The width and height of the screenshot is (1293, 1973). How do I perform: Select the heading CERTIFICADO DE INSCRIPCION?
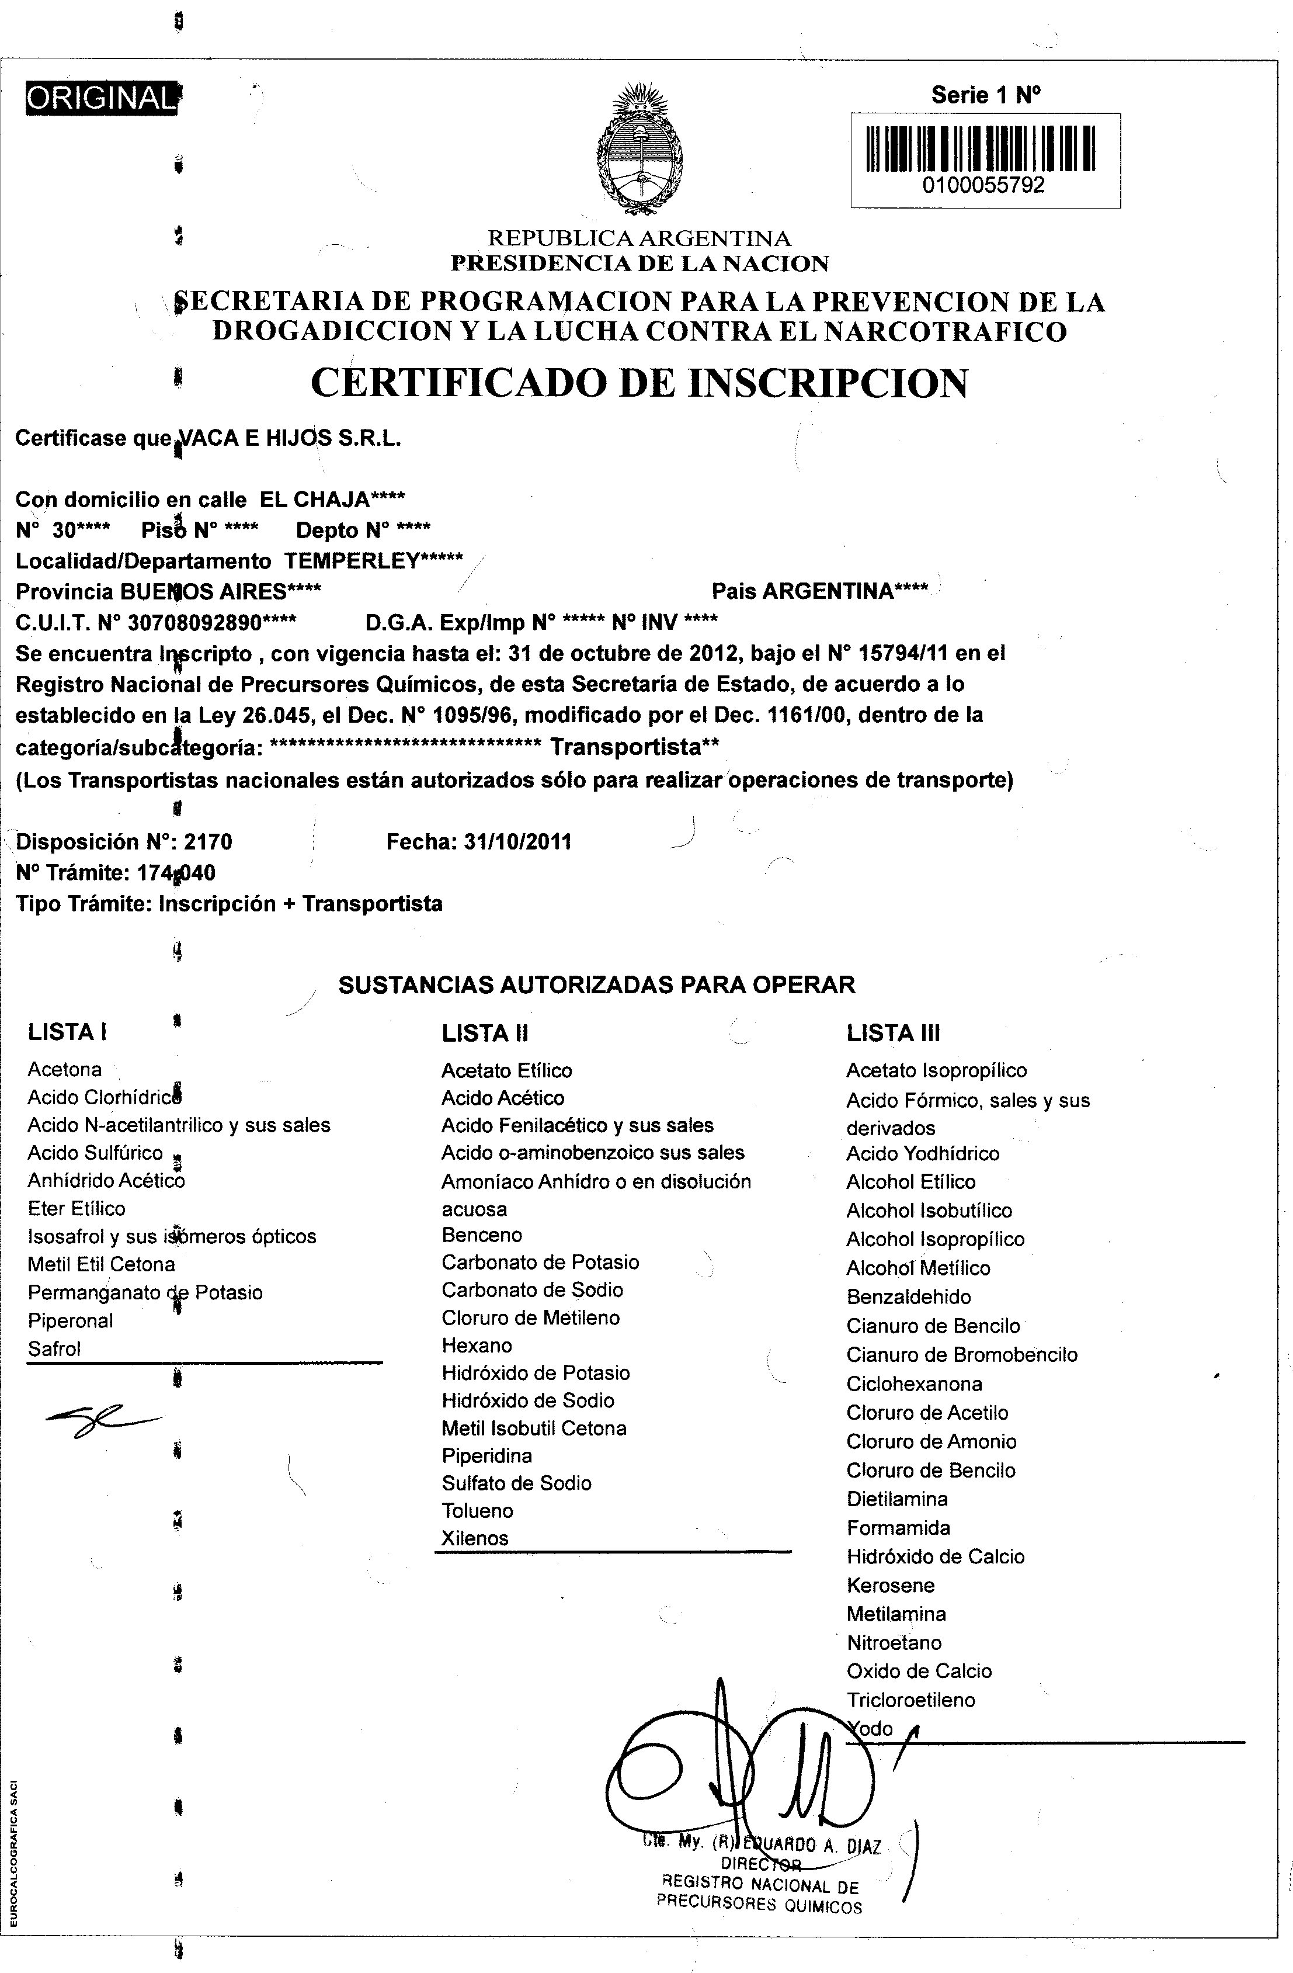[639, 383]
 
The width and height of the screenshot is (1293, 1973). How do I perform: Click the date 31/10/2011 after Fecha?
[517, 842]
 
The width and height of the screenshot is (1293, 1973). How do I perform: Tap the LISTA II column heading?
[485, 1033]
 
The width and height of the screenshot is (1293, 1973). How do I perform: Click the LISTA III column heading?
[893, 1033]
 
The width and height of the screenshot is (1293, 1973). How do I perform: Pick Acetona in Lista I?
[65, 1069]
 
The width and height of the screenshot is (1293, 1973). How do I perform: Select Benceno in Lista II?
[482, 1235]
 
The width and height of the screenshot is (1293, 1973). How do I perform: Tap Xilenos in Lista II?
[475, 1538]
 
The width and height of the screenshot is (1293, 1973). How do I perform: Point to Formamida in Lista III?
[898, 1527]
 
